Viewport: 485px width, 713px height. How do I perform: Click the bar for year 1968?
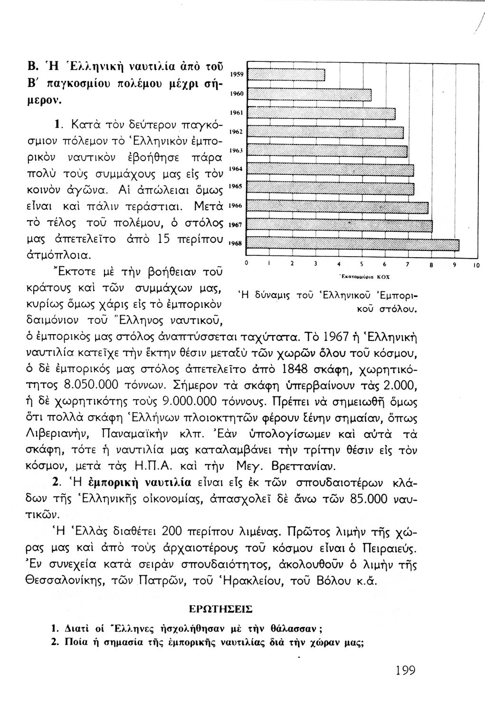(354, 244)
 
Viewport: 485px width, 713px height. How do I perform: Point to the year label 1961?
(237, 113)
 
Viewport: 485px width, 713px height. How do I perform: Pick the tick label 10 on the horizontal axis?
(476, 264)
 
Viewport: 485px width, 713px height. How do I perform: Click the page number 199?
(405, 671)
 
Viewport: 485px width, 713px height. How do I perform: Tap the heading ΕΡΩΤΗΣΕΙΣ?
(221, 608)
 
